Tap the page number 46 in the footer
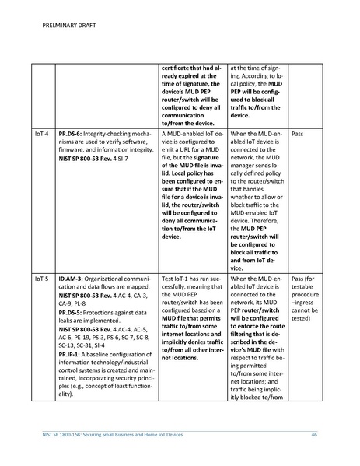coord(314,433)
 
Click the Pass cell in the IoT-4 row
coord(296,134)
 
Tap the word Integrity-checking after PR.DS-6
coord(113,134)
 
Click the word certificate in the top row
coord(177,68)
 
